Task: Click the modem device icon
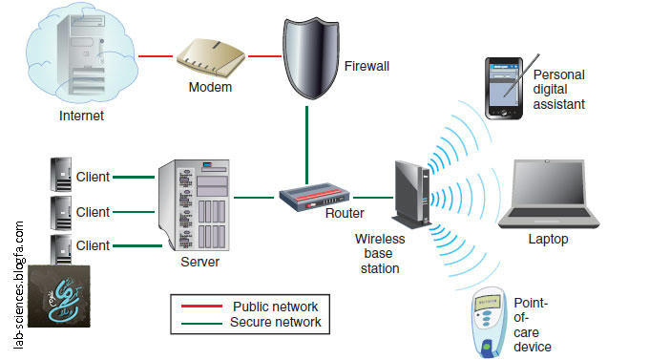coord(211,57)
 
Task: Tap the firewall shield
coord(310,58)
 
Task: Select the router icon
coord(315,197)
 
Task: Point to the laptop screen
coord(549,183)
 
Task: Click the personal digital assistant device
coord(504,88)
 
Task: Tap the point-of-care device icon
coord(490,323)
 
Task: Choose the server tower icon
coord(194,205)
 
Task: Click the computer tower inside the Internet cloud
coord(82,53)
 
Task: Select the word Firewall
coord(366,66)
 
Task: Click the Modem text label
coord(210,87)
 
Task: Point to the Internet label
coord(81,116)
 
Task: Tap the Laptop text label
coord(548,239)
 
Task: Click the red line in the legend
coord(201,307)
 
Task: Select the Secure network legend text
coord(275,322)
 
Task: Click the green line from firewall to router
coord(306,145)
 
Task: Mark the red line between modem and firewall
coord(264,56)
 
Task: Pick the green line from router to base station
coord(373,198)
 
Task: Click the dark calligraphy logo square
coord(59,296)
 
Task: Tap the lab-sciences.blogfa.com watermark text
coord(19,285)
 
